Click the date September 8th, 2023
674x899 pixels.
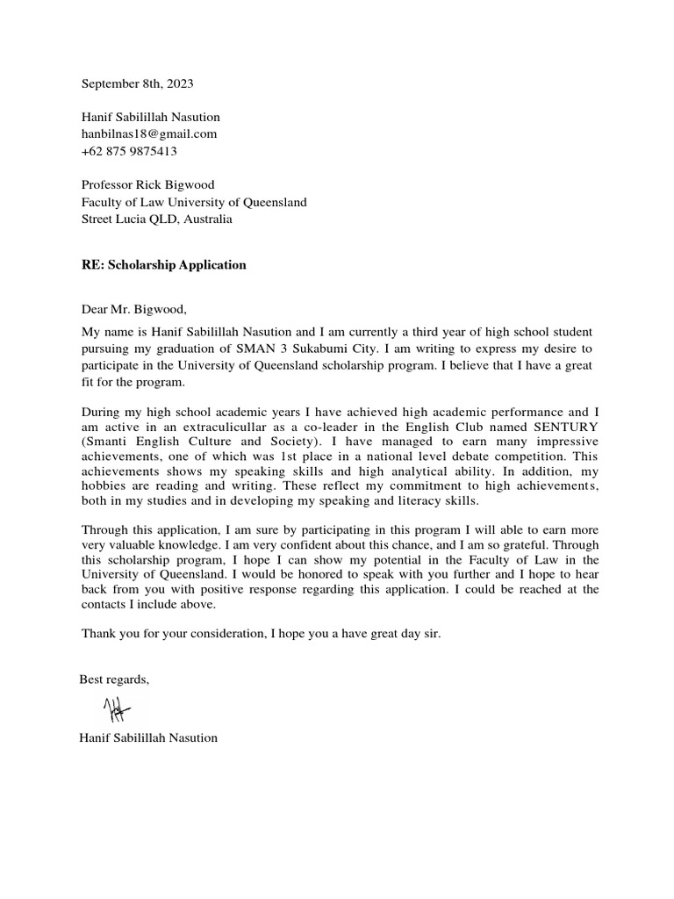pos(137,84)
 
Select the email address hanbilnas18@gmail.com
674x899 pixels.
pos(148,133)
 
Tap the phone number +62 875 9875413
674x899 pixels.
pos(129,150)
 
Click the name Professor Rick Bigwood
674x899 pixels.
pos(147,184)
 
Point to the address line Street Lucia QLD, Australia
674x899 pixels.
pos(156,219)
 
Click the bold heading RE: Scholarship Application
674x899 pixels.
pos(163,264)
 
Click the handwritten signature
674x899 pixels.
pos(116,708)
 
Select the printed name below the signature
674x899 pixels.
pos(148,737)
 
